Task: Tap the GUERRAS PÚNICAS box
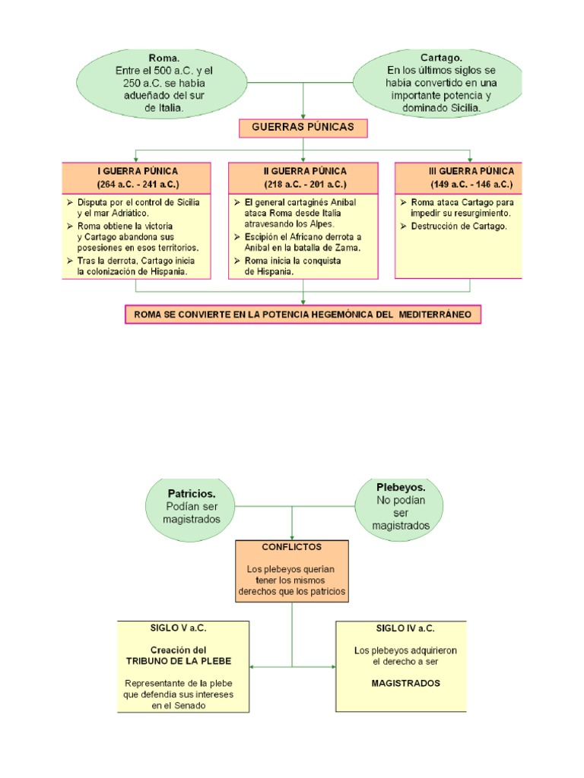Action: coord(303,127)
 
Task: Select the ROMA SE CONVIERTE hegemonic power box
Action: coord(303,314)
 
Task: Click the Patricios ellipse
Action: coord(192,506)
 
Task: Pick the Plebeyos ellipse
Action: coord(401,505)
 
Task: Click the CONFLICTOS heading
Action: coord(291,546)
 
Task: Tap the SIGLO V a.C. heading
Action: coord(183,628)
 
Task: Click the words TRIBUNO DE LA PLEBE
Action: coord(178,661)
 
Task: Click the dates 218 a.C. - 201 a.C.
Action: coord(304,185)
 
